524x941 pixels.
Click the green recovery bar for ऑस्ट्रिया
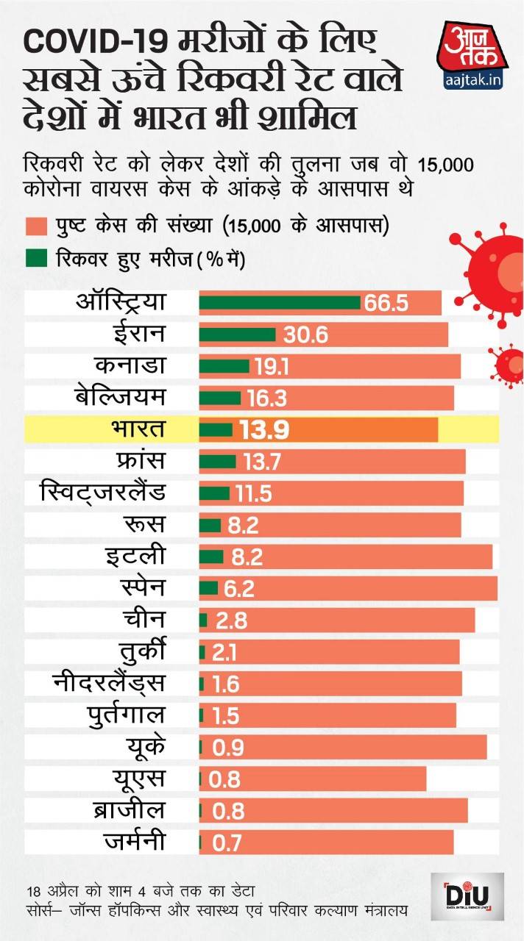click(x=280, y=303)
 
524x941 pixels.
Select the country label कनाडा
click(x=130, y=366)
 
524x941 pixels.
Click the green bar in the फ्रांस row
click(x=217, y=462)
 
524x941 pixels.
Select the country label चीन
click(x=146, y=620)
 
